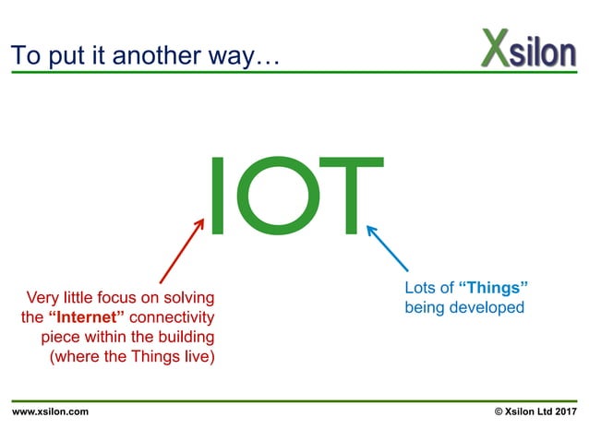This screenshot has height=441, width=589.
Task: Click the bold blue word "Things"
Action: pos(493,288)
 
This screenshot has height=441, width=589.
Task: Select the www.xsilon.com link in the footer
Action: pos(51,411)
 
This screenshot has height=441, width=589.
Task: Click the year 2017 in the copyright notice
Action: pos(564,411)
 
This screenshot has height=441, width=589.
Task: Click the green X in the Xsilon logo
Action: pos(495,48)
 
